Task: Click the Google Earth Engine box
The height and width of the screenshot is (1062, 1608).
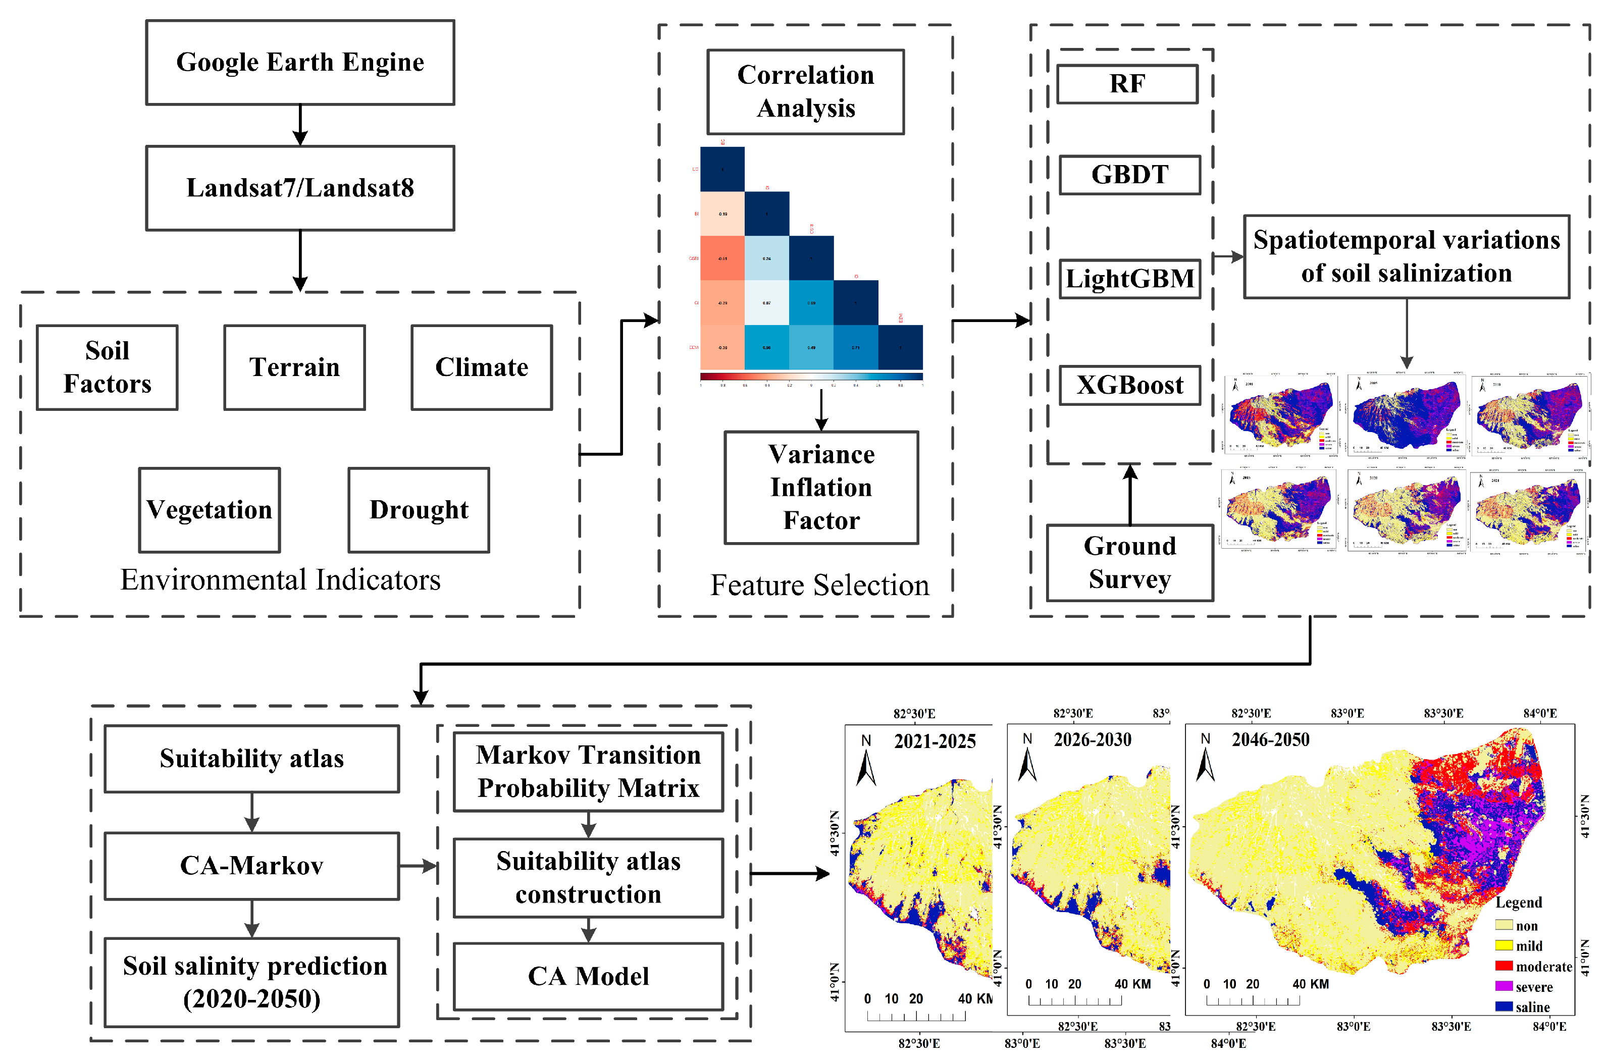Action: pos(299,62)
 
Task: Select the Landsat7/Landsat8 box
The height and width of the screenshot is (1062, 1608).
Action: pos(299,188)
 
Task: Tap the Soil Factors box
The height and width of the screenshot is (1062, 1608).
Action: pos(107,367)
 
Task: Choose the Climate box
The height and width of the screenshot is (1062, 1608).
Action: pos(481,367)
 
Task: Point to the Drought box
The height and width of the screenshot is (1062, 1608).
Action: pos(418,509)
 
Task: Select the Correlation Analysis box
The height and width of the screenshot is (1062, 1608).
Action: pos(805,91)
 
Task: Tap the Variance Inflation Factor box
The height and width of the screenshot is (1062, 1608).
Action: pos(820,487)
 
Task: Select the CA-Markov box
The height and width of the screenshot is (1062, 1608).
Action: pos(251,866)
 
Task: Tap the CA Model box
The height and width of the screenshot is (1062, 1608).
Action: pos(588,976)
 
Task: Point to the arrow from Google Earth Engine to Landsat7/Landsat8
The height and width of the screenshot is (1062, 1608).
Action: pos(299,125)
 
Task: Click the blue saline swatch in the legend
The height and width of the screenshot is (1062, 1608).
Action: pos(1503,1007)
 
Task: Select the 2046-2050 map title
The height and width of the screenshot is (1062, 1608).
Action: pos(1270,739)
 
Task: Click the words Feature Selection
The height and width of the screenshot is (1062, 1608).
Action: pos(819,585)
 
